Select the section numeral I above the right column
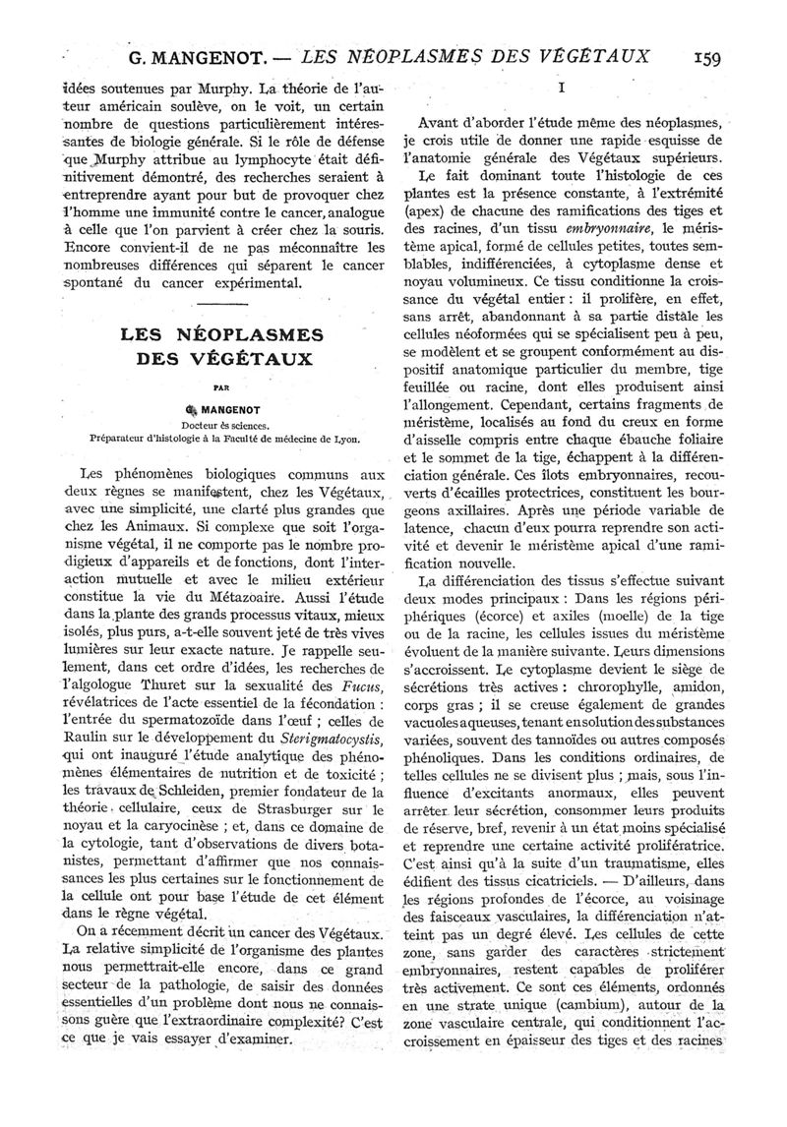point(559,89)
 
